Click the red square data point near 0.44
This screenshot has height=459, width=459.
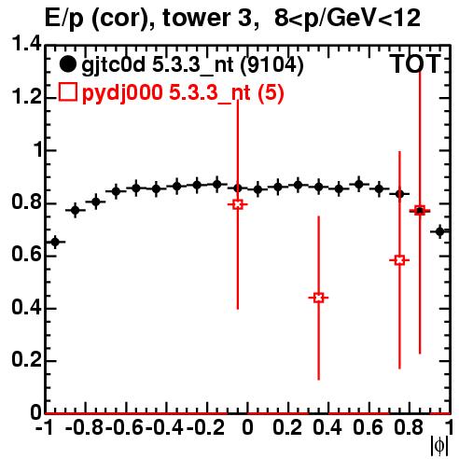click(x=318, y=298)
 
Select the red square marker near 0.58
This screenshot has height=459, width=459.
click(x=400, y=260)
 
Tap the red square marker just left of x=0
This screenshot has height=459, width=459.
click(x=238, y=204)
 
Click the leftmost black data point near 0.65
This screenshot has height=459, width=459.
click(x=55, y=242)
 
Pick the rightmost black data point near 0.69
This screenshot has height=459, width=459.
click(x=439, y=231)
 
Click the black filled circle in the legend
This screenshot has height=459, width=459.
click(x=67, y=64)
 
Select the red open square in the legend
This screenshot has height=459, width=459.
click(x=67, y=92)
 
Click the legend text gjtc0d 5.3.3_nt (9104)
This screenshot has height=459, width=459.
click(x=192, y=64)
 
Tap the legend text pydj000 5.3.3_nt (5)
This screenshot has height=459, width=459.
click(x=183, y=92)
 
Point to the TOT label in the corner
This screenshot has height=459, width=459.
click(x=415, y=63)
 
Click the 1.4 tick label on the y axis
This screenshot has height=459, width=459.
click(x=26, y=44)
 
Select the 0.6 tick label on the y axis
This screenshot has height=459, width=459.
click(x=26, y=254)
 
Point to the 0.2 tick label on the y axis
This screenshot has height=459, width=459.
click(x=26, y=359)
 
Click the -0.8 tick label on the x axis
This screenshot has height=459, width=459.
click(x=84, y=427)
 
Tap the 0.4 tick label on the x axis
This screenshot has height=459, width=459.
click(x=327, y=427)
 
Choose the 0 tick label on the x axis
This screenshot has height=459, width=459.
click(x=247, y=427)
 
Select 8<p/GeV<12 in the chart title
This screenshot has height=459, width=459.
click(x=347, y=19)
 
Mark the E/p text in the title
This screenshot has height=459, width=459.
click(x=64, y=19)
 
